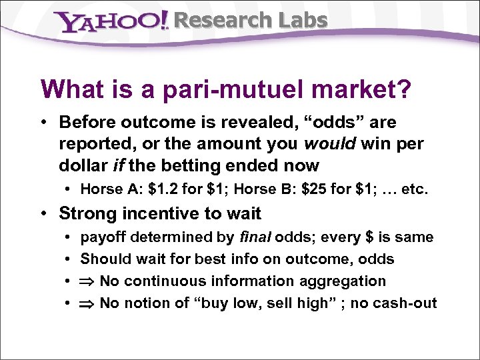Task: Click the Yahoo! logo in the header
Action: coord(112,21)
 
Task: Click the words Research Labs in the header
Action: coord(250,21)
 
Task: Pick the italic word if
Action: coord(118,165)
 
